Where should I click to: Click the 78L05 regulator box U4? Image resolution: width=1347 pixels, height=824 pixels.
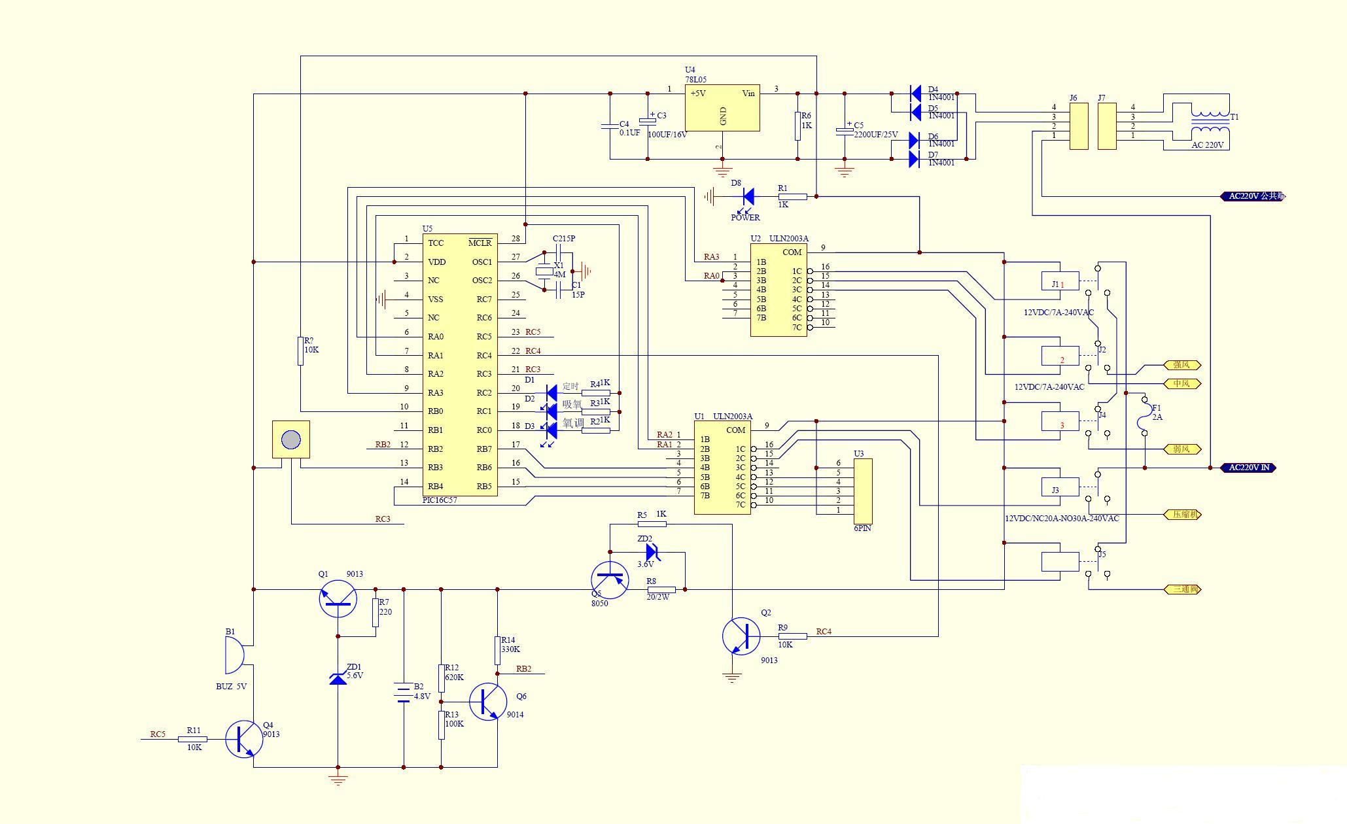click(722, 108)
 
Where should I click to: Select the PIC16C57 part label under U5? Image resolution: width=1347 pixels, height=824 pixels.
click(440, 500)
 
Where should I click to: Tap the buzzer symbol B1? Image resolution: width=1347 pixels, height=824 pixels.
click(234, 655)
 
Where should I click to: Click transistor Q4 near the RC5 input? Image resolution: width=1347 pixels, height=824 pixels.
click(244, 739)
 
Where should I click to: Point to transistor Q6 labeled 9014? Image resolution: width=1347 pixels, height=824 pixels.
click(487, 702)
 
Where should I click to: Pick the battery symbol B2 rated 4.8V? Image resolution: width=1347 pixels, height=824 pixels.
click(403, 691)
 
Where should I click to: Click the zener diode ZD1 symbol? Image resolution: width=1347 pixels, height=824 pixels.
click(338, 679)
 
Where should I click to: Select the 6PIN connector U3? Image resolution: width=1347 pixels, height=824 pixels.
click(863, 487)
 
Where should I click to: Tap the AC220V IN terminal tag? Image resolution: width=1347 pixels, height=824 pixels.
click(1248, 468)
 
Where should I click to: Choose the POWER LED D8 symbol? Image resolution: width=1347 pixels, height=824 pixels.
click(748, 196)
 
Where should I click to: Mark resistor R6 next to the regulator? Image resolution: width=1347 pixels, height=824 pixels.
click(798, 126)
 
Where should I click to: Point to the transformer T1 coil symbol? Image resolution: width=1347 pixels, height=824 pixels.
click(1210, 122)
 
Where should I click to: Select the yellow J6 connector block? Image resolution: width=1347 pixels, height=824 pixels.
click(1078, 126)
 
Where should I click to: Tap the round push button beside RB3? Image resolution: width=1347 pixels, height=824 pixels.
click(290, 439)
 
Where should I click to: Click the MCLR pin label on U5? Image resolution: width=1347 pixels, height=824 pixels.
click(480, 243)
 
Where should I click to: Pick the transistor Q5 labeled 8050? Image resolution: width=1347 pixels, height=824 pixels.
click(610, 580)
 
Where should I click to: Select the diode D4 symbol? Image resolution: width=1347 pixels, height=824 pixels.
click(915, 94)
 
